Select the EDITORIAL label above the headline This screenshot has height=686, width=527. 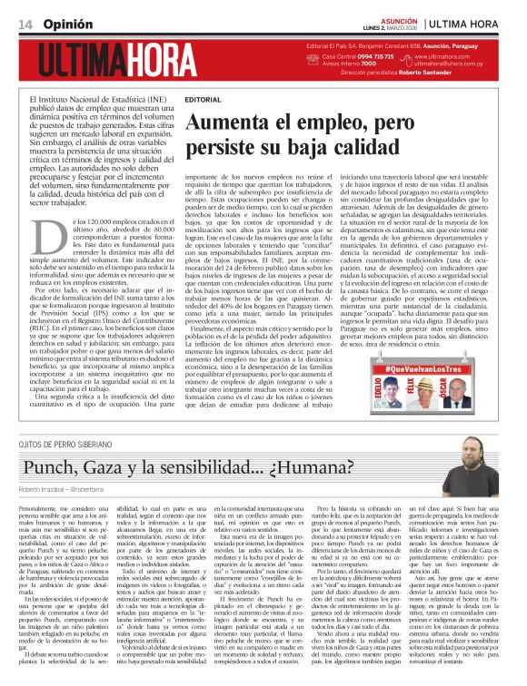point(202,98)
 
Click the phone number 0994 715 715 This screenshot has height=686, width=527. point(366,56)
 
